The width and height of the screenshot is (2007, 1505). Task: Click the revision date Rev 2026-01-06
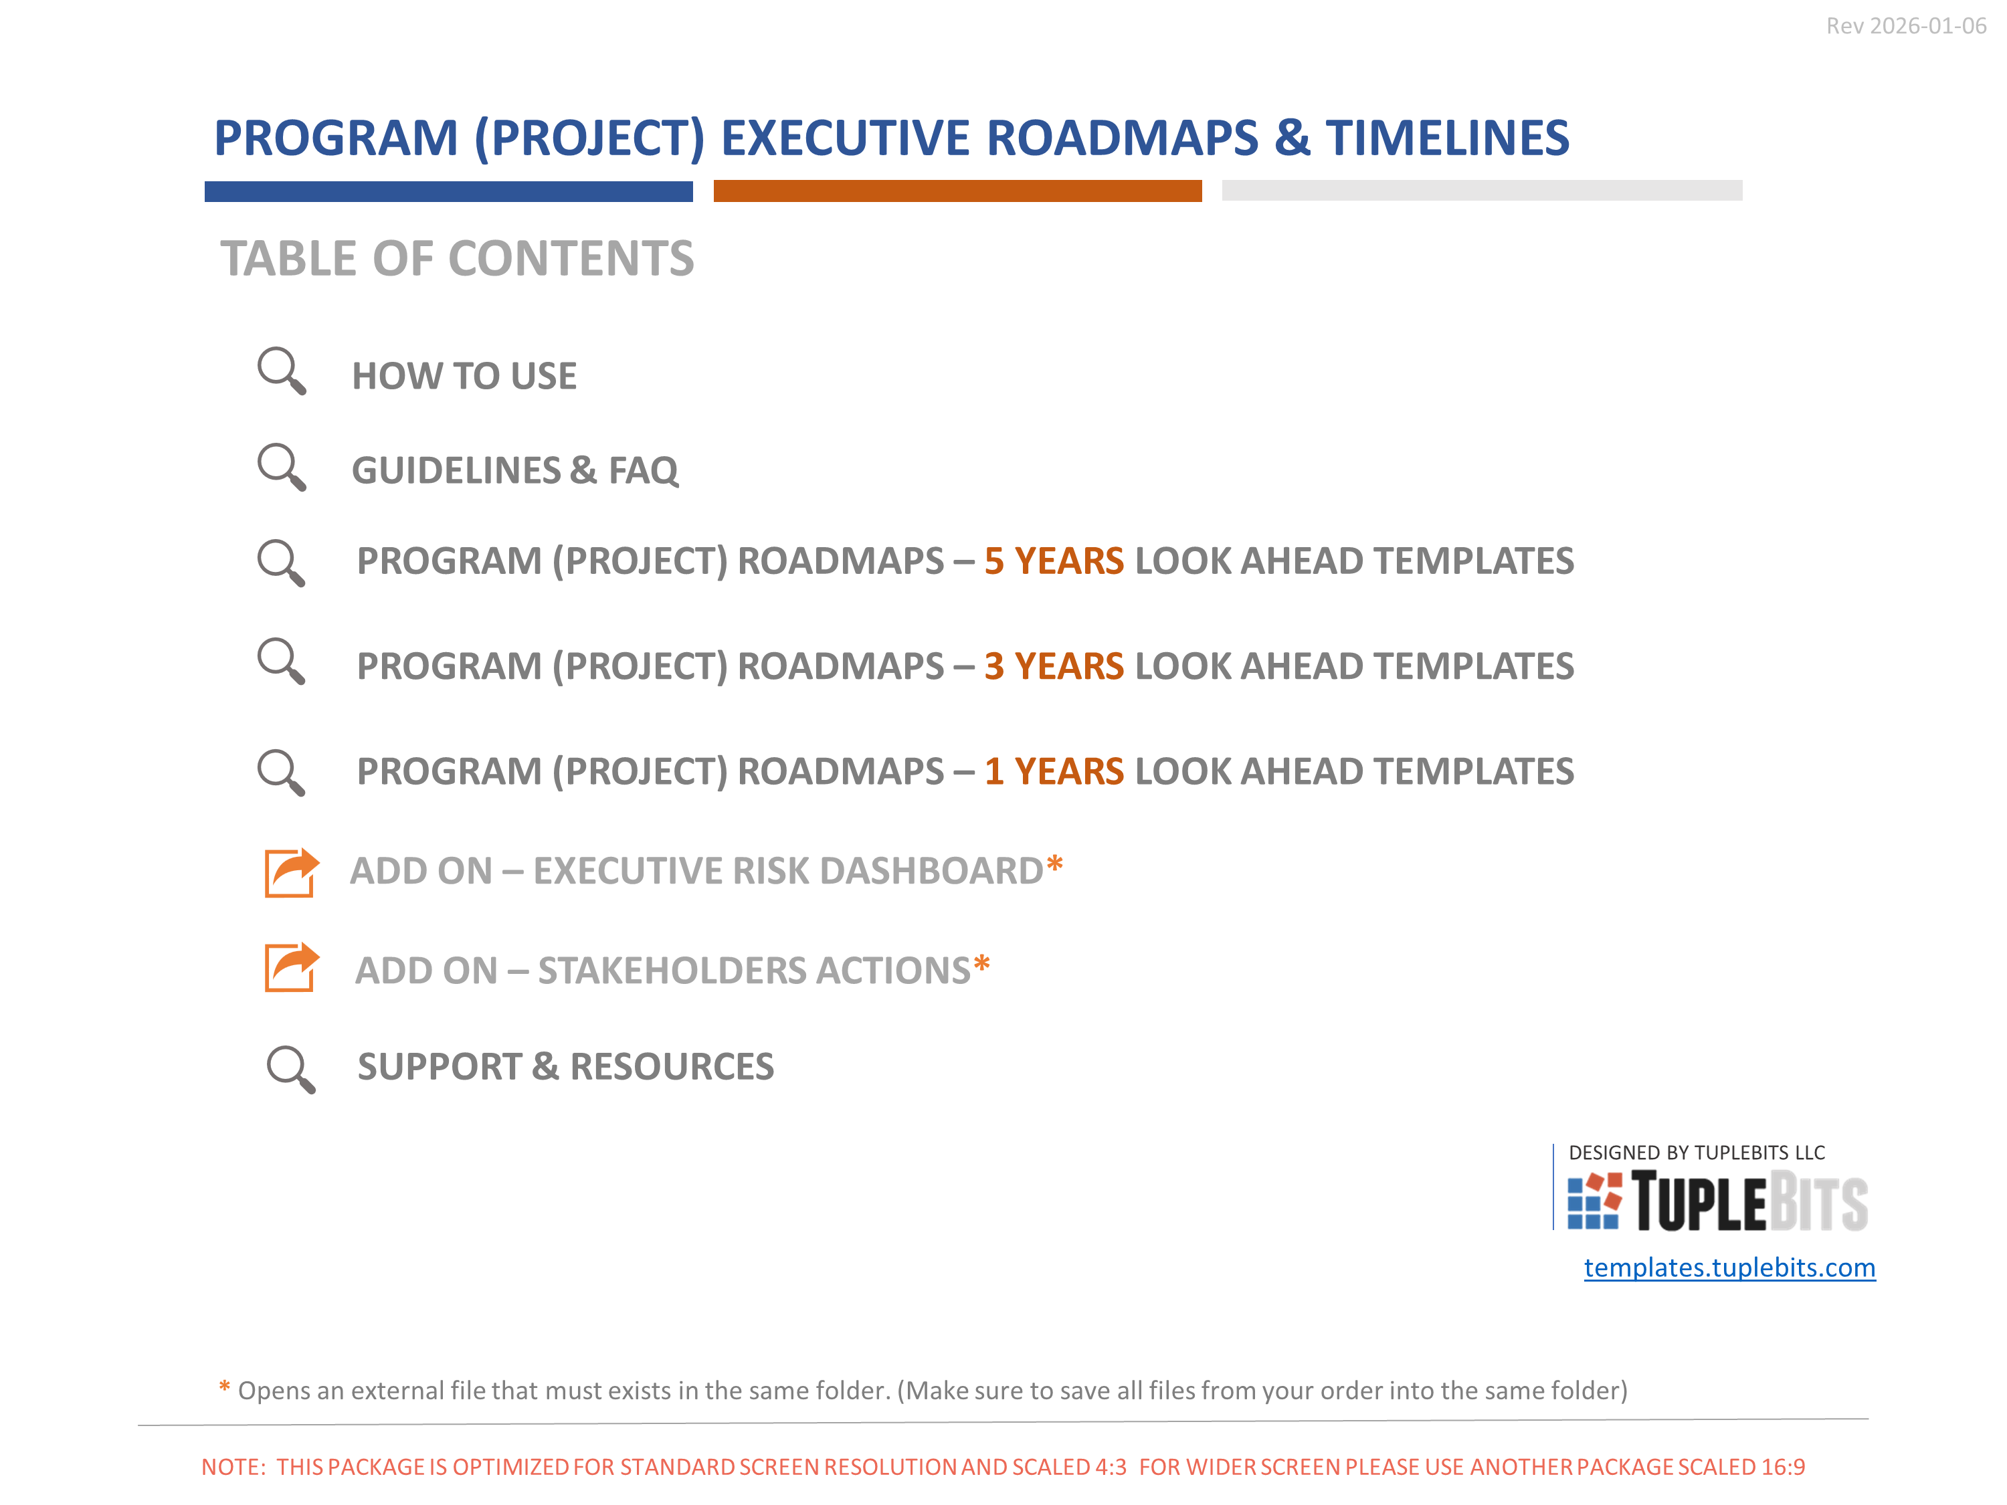pos(1905,26)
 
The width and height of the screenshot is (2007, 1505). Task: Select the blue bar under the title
pos(448,191)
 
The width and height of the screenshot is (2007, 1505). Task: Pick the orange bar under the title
pos(957,191)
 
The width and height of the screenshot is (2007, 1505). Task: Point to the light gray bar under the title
pos(1482,191)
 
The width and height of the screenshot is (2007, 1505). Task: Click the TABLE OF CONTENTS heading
pos(458,259)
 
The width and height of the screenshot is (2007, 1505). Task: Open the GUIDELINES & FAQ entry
pos(514,471)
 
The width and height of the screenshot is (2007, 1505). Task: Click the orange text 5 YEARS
pos(1054,561)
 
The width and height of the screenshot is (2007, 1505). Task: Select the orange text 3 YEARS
pos(1054,666)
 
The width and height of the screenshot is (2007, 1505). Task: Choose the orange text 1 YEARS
pos(1054,771)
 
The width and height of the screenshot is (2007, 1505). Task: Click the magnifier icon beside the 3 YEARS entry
pos(281,662)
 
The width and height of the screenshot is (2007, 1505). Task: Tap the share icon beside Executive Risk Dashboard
pos(291,873)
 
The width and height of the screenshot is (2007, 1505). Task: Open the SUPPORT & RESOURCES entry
pos(565,1067)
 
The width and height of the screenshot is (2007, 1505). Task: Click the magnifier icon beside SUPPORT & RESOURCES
pos(290,1070)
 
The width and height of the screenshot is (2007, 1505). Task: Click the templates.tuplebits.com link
pos(1729,1268)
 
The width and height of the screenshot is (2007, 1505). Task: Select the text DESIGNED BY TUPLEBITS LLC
pos(1697,1153)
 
